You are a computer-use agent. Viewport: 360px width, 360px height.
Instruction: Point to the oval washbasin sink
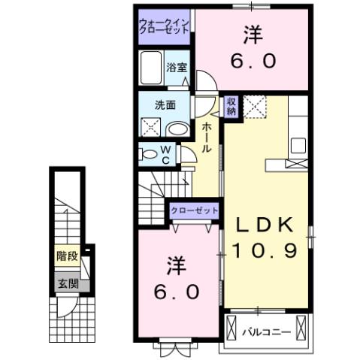point(177,129)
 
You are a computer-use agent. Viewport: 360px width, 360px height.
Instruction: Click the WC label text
point(165,154)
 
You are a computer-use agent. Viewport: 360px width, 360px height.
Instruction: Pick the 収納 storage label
point(232,105)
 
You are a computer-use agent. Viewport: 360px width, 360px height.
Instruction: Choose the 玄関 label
point(66,283)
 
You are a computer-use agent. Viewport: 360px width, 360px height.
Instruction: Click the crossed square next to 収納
point(256,107)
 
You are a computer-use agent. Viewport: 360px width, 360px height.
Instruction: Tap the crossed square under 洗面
point(150,129)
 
